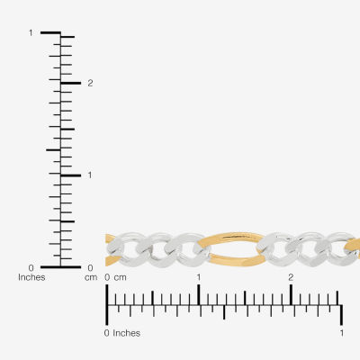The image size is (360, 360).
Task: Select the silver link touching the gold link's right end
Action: [x=272, y=249]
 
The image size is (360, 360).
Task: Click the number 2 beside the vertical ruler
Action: [x=90, y=83]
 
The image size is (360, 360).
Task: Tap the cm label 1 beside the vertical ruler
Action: [x=90, y=175]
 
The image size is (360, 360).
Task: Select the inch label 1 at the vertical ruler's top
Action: [x=31, y=32]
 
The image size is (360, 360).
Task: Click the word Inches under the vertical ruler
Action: [x=31, y=277]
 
